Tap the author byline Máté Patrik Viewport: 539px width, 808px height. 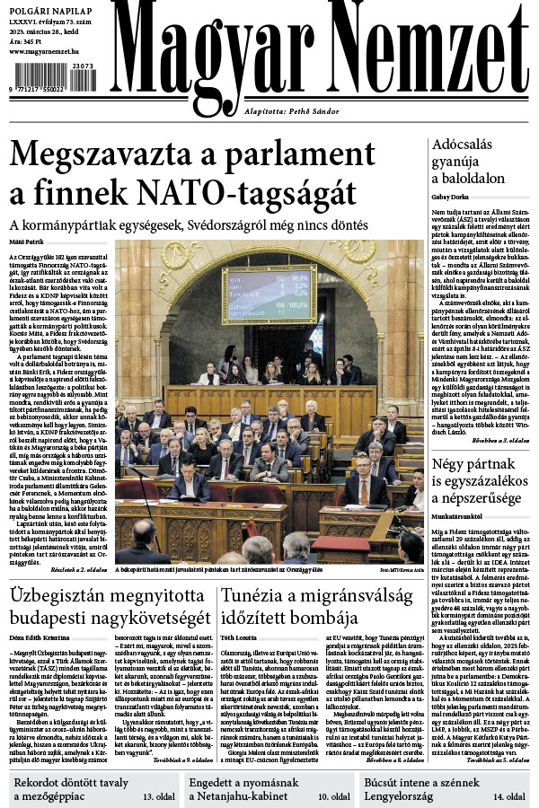pyautogui.click(x=27, y=242)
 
